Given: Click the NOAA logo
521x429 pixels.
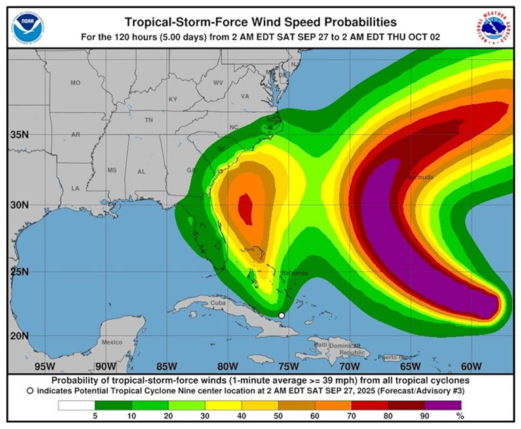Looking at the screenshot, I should [26, 25].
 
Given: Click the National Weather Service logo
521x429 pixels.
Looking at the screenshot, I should [493, 25].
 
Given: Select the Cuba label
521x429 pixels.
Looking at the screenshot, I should [217, 303].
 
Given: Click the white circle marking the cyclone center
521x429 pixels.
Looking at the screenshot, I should [282, 315].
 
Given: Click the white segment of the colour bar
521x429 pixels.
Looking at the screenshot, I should [76, 405].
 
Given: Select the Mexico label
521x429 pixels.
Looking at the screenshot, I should [112, 342].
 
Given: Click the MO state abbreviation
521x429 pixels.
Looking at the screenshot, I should [75, 83].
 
